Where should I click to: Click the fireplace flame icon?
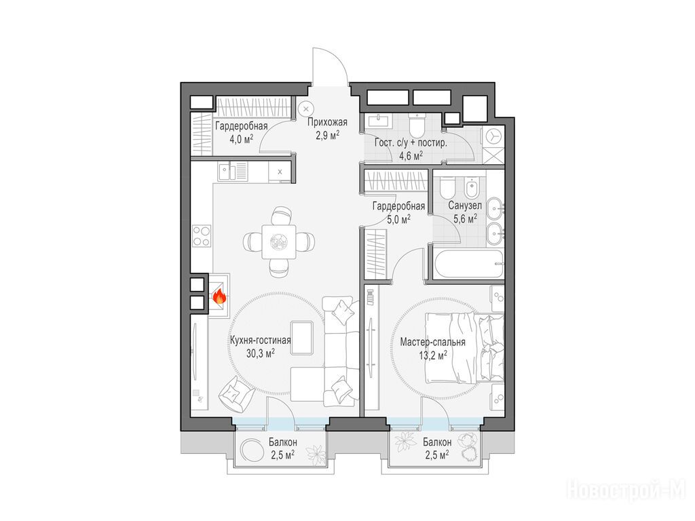(x=220, y=296)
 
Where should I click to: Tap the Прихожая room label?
(x=328, y=122)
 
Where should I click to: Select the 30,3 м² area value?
(x=260, y=353)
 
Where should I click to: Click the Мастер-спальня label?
(x=432, y=342)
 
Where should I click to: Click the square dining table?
(x=278, y=242)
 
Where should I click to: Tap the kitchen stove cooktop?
(x=201, y=235)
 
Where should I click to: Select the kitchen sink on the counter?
(x=232, y=171)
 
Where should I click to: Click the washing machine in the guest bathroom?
(x=493, y=136)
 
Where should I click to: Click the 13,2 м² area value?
(x=432, y=355)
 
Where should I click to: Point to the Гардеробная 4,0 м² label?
(x=242, y=132)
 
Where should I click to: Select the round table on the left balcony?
(x=251, y=450)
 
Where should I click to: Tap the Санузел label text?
(x=465, y=206)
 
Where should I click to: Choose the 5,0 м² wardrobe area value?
(x=399, y=218)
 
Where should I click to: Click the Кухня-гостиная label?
(x=260, y=341)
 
